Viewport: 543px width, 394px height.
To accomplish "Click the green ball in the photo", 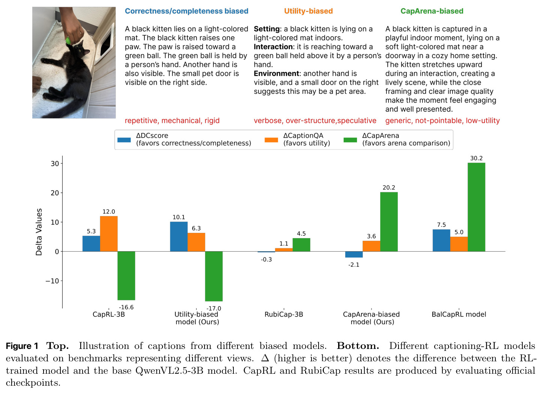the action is point(68,40).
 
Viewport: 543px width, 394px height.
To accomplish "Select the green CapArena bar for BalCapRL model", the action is point(476,207).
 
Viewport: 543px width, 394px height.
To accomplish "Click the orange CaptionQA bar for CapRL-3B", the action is point(108,234).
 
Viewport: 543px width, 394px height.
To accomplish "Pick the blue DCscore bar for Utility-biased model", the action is point(179,237).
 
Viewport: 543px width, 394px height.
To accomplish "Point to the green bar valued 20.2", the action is point(389,222).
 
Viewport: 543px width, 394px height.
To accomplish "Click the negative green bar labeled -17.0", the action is point(214,276).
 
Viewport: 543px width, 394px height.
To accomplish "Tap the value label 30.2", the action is point(476,158).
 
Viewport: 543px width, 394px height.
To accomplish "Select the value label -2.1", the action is point(353,264).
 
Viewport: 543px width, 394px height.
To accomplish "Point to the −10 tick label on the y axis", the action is point(53,281).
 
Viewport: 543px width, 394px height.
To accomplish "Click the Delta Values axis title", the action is point(39,232).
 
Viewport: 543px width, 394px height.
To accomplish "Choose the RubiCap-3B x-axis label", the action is point(284,314).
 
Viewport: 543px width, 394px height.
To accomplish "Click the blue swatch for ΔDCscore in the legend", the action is point(124,140).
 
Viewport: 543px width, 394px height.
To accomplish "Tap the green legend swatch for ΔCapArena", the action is point(350,140).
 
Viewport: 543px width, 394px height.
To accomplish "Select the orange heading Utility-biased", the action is point(308,11).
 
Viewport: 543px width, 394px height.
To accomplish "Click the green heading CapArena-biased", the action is point(432,11).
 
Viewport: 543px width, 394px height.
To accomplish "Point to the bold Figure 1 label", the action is point(22,346).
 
